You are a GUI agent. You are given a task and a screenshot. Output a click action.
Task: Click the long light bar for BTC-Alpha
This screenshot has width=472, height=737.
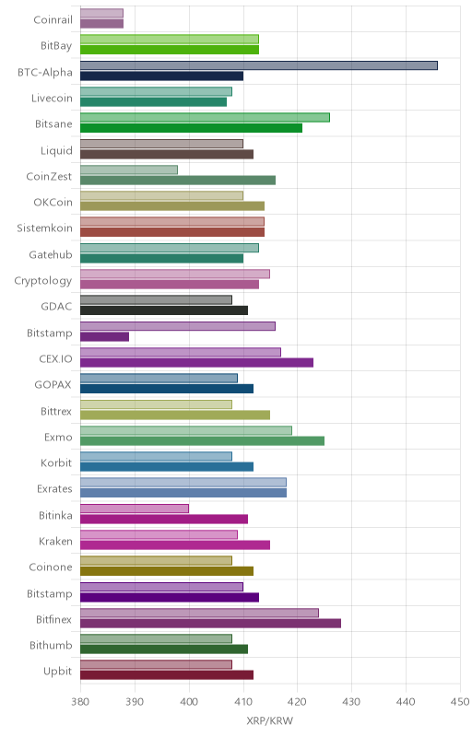click(259, 65)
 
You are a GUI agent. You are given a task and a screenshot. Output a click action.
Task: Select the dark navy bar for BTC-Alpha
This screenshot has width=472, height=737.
click(161, 76)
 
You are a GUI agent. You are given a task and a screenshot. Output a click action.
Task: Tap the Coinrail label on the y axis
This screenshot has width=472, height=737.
click(53, 19)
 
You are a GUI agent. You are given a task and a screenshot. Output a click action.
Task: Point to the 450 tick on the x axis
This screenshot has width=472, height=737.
click(460, 702)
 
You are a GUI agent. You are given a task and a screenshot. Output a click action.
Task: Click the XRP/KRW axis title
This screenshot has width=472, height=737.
click(270, 720)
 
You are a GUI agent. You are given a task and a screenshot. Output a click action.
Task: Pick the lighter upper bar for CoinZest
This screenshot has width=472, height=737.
click(129, 170)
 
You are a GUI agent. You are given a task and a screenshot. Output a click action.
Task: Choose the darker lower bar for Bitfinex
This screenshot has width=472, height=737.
click(210, 624)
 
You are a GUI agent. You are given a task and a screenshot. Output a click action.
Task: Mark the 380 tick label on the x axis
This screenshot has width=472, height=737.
click(80, 702)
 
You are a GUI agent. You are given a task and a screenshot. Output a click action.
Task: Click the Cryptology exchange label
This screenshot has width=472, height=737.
click(43, 281)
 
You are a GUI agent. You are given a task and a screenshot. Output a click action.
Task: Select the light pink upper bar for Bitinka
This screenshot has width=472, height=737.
click(135, 509)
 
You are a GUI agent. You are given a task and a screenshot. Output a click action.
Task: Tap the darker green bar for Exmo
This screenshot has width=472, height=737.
click(202, 441)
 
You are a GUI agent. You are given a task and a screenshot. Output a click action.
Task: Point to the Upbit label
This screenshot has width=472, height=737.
click(58, 672)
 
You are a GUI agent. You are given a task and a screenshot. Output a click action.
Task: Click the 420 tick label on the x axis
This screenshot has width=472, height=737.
click(298, 702)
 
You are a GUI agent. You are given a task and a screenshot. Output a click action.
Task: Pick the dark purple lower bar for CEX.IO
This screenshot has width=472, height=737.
click(197, 362)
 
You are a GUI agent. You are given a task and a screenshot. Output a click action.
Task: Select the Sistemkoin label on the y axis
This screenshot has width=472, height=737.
click(44, 228)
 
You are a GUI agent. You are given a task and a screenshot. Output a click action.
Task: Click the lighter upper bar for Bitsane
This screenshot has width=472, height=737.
click(205, 118)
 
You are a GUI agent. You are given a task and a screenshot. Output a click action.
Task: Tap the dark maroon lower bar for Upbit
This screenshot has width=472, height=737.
click(167, 675)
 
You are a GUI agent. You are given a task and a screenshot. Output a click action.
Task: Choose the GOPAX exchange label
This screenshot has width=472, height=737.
click(53, 384)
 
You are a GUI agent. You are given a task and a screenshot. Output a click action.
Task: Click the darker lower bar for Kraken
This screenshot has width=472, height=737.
click(175, 545)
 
